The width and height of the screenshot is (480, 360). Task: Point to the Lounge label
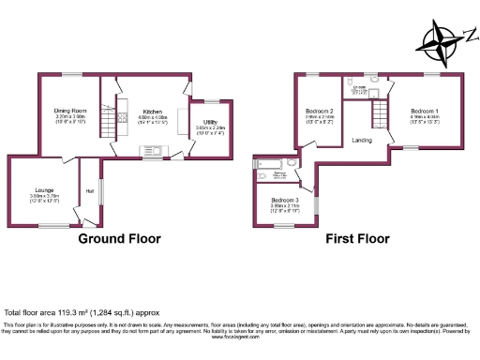pyautogui.click(x=43, y=190)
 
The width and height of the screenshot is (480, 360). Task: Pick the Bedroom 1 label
pyautogui.click(x=424, y=111)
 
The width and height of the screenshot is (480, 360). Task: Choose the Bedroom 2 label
pyautogui.click(x=320, y=111)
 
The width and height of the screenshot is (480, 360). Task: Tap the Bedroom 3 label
pyautogui.click(x=285, y=201)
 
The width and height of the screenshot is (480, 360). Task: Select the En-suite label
pyautogui.click(x=358, y=87)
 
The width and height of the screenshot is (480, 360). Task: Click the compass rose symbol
pyautogui.click(x=442, y=40)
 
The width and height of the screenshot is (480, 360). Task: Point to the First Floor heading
pyautogui.click(x=357, y=239)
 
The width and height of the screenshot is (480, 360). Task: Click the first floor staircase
pyautogui.click(x=381, y=115)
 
